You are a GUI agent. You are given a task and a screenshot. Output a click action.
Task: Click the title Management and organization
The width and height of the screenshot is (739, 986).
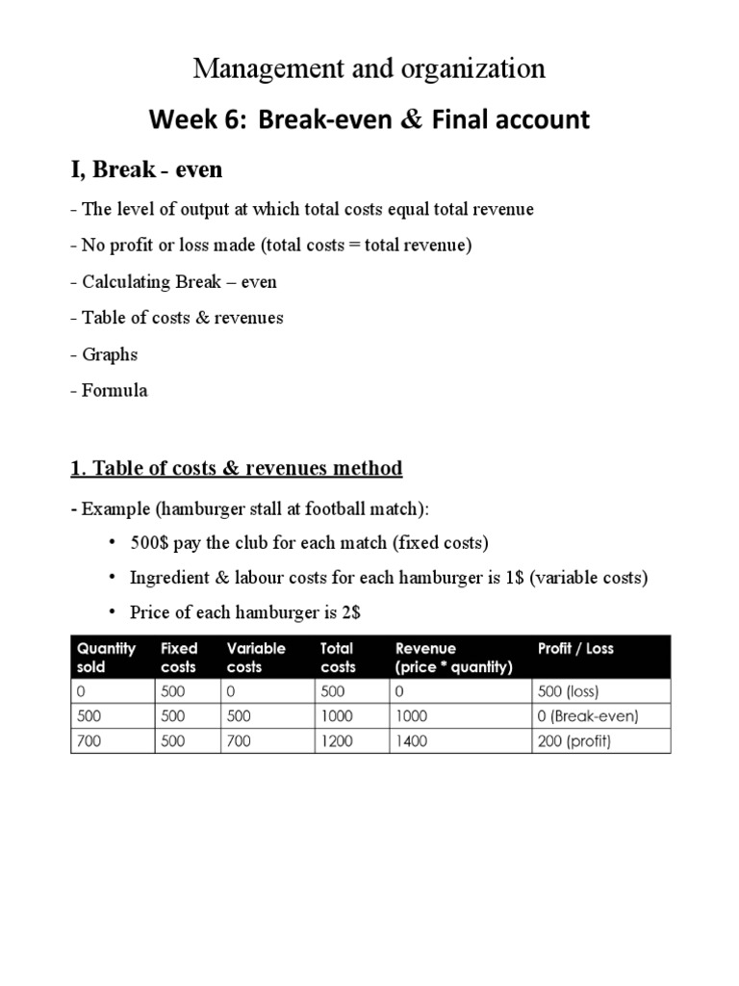click(x=369, y=68)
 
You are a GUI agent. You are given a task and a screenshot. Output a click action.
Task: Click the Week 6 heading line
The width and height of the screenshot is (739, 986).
click(x=369, y=120)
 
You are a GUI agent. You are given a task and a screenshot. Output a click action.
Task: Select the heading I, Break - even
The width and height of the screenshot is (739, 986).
click(x=146, y=170)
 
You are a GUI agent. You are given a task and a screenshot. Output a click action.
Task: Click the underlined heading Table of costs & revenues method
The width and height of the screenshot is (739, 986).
click(x=237, y=469)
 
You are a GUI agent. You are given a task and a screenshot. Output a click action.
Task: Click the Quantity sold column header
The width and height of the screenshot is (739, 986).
click(x=106, y=657)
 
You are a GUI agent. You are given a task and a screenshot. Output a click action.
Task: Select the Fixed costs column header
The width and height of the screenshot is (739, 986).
click(x=179, y=657)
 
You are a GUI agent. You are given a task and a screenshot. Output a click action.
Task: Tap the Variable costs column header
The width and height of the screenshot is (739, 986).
click(x=256, y=657)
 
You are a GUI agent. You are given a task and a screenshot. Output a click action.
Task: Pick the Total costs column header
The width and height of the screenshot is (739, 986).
click(x=338, y=657)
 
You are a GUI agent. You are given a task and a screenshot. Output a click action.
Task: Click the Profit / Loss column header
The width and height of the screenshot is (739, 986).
click(x=575, y=648)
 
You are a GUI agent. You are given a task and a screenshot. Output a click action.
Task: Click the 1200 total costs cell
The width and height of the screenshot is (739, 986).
click(x=338, y=741)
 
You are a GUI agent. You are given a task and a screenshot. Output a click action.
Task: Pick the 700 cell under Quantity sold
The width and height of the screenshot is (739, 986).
click(x=89, y=741)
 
